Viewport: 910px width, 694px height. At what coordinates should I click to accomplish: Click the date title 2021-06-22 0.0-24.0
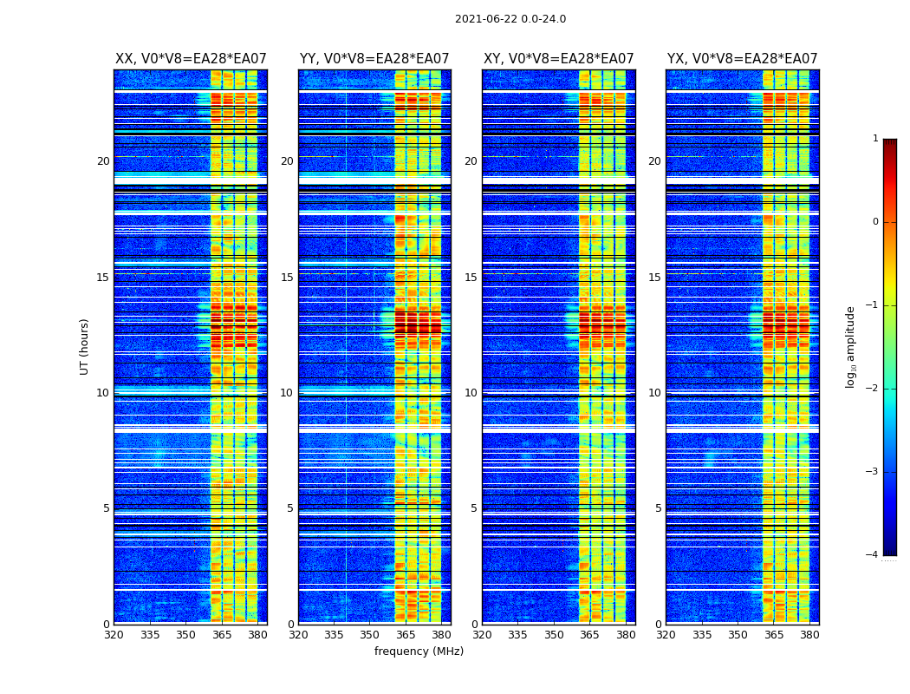[510, 19]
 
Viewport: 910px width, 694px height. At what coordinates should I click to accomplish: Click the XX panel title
[191, 59]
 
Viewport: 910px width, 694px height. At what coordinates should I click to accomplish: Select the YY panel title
[374, 59]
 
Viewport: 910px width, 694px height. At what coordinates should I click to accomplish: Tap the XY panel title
[558, 59]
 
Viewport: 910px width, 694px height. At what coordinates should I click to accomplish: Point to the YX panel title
[742, 59]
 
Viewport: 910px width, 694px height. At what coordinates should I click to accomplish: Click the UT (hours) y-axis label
[85, 346]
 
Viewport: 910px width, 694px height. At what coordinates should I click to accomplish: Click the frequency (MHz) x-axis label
[419, 651]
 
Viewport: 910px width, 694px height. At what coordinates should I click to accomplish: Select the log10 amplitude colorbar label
[851, 346]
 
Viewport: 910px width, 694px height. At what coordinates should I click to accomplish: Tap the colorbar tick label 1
[874, 139]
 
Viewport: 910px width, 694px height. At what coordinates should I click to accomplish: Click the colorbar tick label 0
[874, 222]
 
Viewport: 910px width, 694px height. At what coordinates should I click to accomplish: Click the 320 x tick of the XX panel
[114, 635]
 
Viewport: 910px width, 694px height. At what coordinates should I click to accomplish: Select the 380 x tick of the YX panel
[809, 635]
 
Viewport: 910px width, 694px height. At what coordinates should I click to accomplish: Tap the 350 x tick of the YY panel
[370, 635]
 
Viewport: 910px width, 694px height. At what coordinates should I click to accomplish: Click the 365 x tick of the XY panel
[589, 635]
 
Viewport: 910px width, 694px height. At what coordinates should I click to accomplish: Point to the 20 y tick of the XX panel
[103, 161]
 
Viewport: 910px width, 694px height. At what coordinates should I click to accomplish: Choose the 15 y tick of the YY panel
[287, 278]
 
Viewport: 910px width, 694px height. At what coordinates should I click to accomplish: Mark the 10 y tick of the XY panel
[471, 393]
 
